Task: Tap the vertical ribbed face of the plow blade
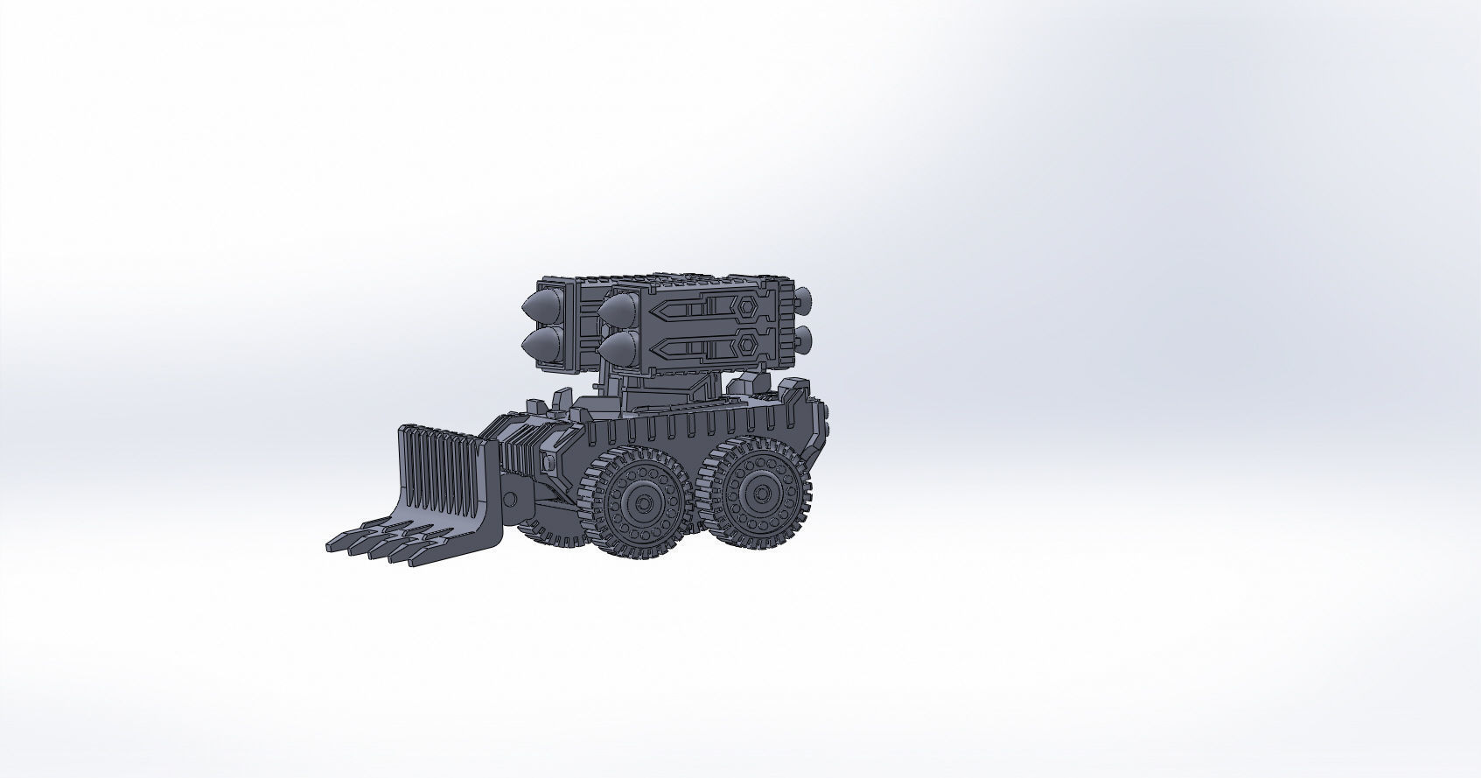point(442,468)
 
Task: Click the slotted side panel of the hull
point(700,429)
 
